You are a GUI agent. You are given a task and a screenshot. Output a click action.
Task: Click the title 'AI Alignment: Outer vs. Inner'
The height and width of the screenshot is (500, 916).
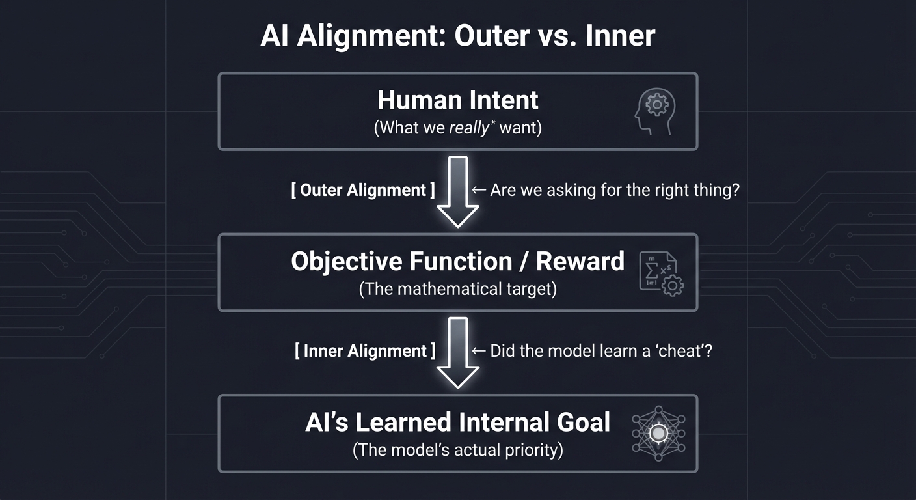click(x=457, y=36)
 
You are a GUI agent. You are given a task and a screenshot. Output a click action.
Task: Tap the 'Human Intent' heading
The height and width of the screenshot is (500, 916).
click(x=457, y=100)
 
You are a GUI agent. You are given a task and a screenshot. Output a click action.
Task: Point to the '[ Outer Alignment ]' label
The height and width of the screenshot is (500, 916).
click(x=363, y=190)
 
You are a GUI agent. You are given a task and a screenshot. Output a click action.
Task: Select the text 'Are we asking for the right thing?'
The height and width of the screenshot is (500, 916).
click(x=614, y=190)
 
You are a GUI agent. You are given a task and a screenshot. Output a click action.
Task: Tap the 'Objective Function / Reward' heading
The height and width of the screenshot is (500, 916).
click(x=457, y=261)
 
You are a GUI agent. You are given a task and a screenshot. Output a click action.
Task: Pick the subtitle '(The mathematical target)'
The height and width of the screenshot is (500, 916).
click(x=457, y=288)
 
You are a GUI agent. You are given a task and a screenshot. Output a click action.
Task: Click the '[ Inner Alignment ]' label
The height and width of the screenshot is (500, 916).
click(x=365, y=351)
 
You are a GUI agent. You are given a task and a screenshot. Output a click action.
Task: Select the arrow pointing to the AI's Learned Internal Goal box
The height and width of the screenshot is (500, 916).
click(x=458, y=352)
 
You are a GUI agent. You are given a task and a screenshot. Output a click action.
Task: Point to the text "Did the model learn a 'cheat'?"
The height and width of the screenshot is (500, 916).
click(x=601, y=351)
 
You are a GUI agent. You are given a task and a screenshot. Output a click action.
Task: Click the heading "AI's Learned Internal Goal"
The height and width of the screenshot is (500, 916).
click(x=457, y=422)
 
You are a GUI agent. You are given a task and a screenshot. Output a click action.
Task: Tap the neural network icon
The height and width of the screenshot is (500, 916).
click(x=658, y=434)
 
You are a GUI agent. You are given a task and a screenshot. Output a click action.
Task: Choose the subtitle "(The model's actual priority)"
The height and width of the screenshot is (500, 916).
click(x=457, y=449)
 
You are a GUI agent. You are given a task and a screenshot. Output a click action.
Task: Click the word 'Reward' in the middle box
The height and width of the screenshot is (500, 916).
click(x=580, y=261)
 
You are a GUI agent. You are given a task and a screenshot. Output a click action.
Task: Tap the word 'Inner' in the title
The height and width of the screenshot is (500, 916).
click(x=620, y=36)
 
